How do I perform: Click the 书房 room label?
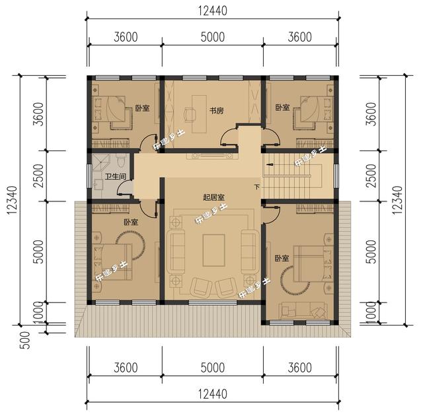tap(216, 110)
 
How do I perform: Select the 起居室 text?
tap(213, 197)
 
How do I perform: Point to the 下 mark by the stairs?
tap(256, 187)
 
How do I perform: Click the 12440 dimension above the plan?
tap(212, 11)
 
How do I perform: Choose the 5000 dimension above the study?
tap(212, 37)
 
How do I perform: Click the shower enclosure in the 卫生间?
tap(101, 162)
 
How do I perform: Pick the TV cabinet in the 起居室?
tap(211, 156)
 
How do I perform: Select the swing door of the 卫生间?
tap(124, 189)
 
